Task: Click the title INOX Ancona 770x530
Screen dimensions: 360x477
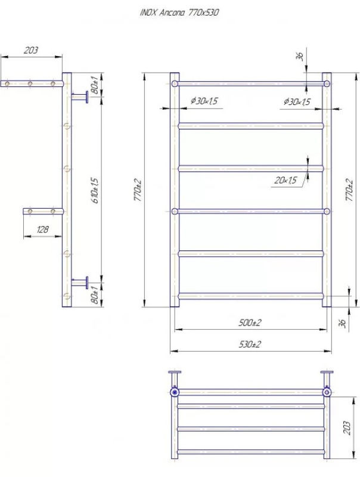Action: coord(179,13)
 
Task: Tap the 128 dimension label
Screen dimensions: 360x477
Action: coord(42,229)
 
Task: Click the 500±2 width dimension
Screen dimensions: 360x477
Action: coord(250,323)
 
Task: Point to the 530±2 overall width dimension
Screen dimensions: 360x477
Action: coord(250,345)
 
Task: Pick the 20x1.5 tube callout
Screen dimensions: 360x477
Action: coord(285,181)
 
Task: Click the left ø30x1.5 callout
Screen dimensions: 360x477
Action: coord(204,101)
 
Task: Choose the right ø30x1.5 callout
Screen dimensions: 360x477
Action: coord(297,101)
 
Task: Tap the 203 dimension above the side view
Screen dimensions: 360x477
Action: coord(31,50)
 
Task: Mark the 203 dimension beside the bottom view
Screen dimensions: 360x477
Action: coord(347,428)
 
